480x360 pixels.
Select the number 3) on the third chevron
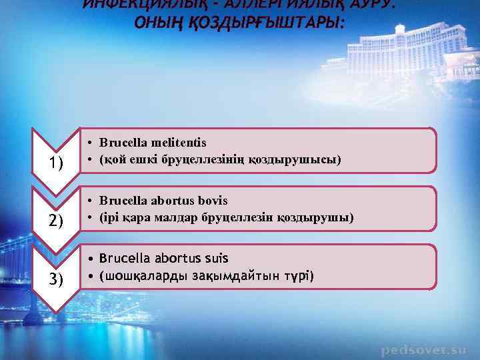click(55, 279)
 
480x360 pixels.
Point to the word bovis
click(213, 201)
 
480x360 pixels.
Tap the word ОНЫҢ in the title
click(155, 23)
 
